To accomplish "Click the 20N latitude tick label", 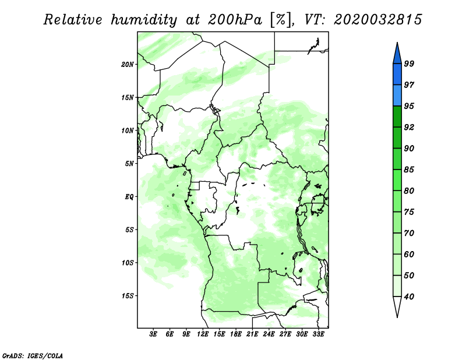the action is pos(128,64).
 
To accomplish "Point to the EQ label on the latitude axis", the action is pos(129,196).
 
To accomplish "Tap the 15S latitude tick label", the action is pos(128,296).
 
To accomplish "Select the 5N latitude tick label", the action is pos(129,164).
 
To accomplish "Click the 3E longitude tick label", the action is pos(153,334).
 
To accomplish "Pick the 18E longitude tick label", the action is pos(236,334).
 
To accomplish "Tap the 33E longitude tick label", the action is pos(318,334).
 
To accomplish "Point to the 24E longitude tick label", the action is pos(269,334).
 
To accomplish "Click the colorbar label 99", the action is pos(409,63).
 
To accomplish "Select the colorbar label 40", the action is pos(409,297).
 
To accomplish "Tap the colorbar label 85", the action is pos(409,170).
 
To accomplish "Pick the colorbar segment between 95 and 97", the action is pos(397,96).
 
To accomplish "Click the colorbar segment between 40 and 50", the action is pos(397,286).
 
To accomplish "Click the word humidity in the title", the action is pos(144,20).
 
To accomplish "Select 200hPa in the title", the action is pos(235,20).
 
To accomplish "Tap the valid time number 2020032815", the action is pos(377,20).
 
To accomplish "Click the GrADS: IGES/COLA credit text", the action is pos(33,356).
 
